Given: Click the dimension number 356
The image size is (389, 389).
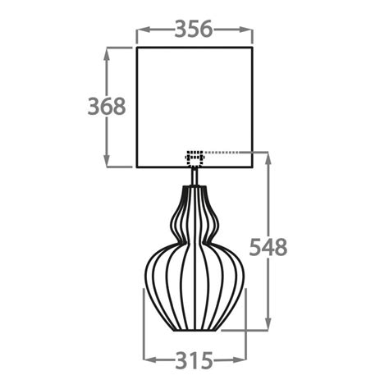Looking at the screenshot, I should click(194, 29).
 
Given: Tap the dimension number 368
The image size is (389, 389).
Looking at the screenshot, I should click(108, 107).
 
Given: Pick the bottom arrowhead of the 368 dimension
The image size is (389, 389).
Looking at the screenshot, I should click(108, 163).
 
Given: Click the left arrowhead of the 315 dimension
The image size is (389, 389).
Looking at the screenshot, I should click(149, 359).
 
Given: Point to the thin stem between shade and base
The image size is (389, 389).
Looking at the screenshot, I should click(194, 176).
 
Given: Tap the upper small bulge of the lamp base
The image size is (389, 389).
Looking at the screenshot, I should click(194, 205).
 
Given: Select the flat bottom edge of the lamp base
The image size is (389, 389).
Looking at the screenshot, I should click(194, 332).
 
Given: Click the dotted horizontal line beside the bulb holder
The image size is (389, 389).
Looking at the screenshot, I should click(234, 153).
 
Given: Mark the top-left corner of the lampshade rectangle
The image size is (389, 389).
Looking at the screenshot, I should click(136, 48).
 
